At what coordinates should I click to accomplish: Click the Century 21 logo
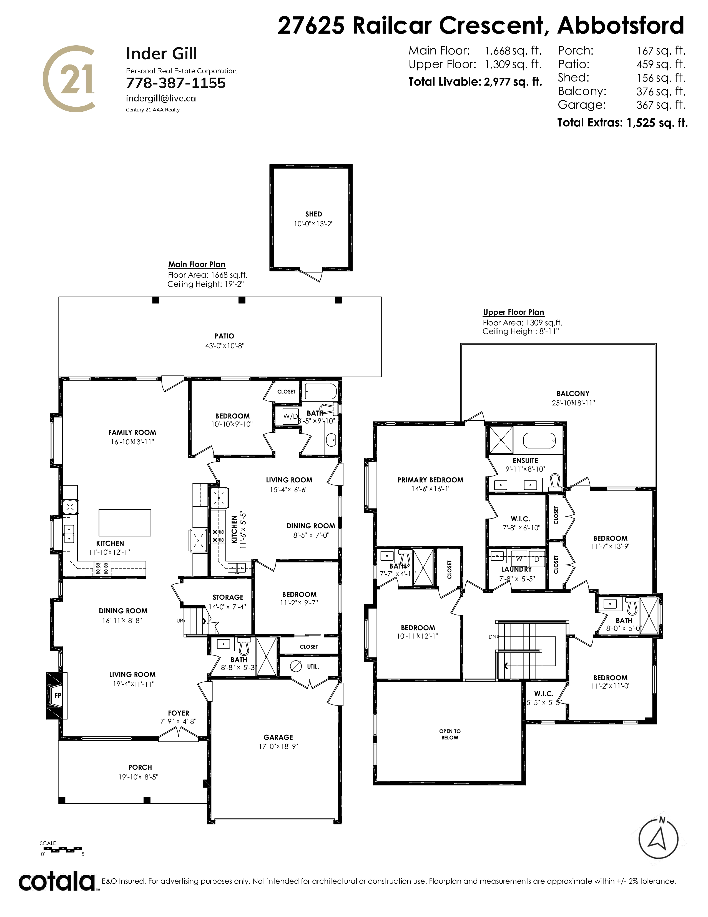tap(68, 79)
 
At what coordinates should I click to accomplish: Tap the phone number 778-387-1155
tap(176, 83)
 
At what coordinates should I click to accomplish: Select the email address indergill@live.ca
tap(161, 98)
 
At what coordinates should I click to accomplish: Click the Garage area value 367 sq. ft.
tap(661, 105)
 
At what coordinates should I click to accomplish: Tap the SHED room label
tap(314, 214)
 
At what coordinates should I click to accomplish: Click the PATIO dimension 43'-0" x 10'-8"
tap(224, 346)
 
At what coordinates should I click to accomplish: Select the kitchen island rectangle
tap(125, 522)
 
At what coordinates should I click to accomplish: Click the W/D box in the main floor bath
tap(290, 417)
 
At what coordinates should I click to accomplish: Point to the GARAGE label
tap(278, 737)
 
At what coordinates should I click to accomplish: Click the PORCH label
tap(140, 767)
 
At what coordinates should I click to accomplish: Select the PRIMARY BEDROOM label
tap(430, 480)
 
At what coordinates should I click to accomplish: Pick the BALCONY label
tap(573, 393)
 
